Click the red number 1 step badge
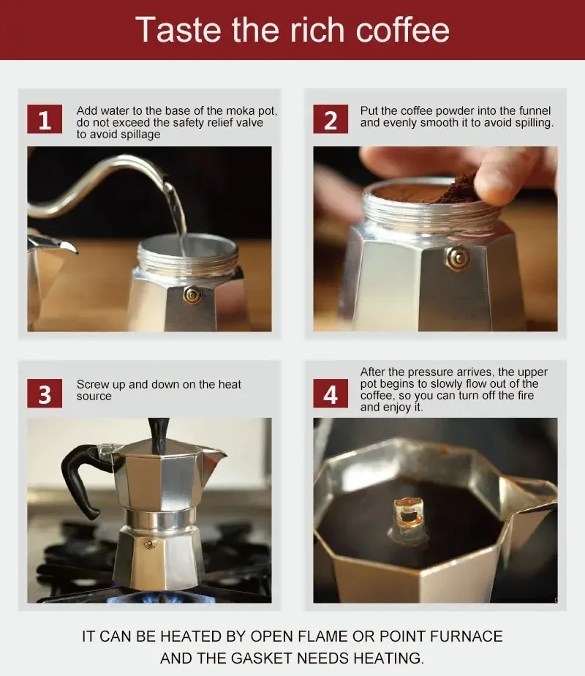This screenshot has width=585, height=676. coord(45,120)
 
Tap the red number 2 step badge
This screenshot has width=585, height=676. coord(331,120)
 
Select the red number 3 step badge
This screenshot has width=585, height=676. coord(45,394)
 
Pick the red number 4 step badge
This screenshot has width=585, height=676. coord(331,394)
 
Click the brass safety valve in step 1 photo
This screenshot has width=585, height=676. coord(192,294)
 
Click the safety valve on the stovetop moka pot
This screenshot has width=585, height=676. coord(150,544)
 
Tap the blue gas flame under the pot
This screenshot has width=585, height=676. coord(146,598)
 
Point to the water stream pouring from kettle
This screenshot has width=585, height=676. coord(176,212)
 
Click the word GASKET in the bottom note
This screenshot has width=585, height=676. coord(267,658)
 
